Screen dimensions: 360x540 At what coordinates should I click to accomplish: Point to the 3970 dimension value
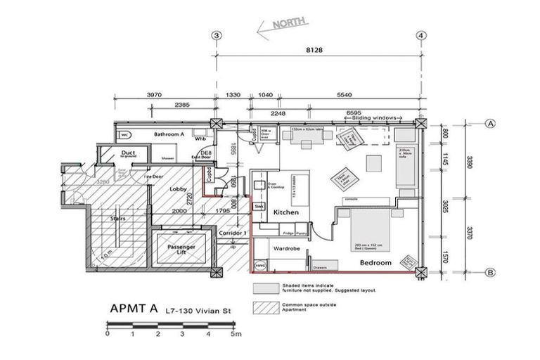point(157,96)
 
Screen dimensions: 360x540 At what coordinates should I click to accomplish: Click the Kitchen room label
point(286,212)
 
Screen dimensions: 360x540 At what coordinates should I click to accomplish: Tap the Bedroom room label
point(375,262)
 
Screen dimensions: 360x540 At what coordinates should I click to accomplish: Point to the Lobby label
point(176,190)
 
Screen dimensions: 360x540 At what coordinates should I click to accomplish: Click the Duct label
point(128,152)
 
